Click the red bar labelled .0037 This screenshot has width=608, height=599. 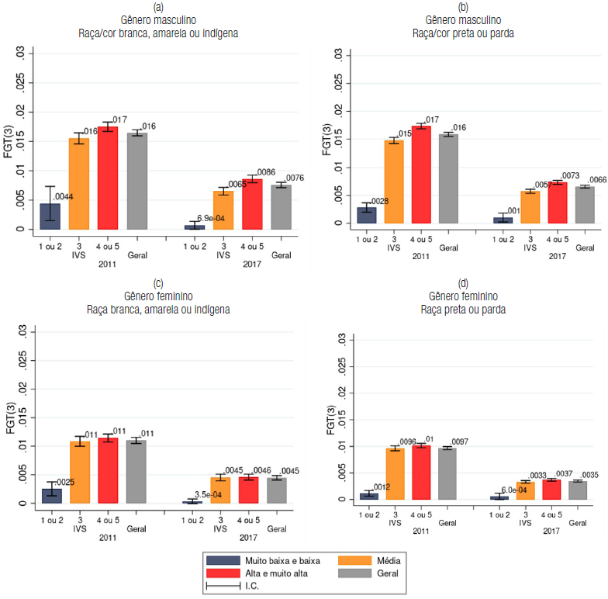coord(551,490)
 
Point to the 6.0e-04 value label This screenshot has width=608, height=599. coord(517,489)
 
